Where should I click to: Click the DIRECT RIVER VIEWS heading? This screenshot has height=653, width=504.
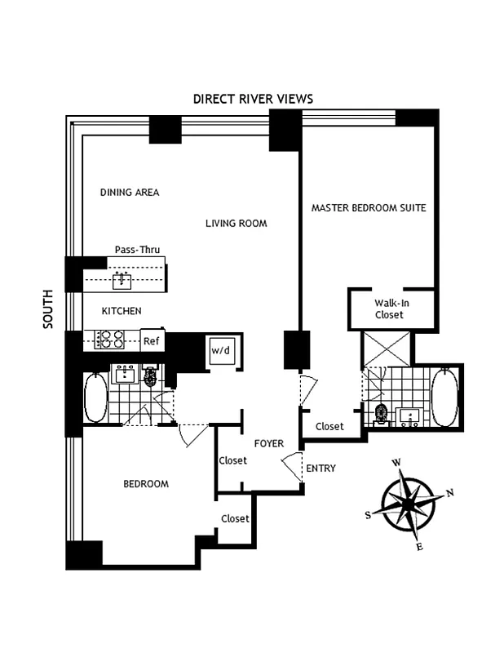[253, 99]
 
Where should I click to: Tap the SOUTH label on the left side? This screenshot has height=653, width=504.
[47, 309]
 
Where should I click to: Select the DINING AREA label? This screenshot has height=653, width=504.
[130, 193]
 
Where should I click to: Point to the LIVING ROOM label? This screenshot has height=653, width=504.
[236, 223]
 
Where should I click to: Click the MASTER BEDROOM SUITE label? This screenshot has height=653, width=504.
[369, 207]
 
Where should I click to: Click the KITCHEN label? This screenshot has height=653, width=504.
[122, 311]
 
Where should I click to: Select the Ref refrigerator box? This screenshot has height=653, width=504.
[150, 340]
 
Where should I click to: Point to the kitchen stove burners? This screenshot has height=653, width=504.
[110, 339]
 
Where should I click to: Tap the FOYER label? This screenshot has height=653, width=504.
[268, 444]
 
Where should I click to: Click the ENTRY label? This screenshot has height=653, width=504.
[320, 469]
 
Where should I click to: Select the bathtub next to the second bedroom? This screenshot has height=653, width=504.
[95, 398]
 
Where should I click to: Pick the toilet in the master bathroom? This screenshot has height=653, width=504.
[379, 414]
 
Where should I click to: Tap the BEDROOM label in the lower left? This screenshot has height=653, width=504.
[146, 484]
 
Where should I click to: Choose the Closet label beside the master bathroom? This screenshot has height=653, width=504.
[329, 426]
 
